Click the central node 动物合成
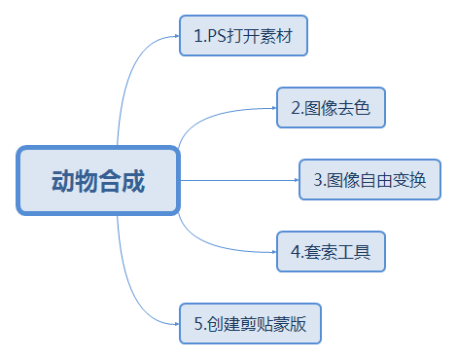tap(98, 180)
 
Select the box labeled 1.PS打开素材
tap(243, 37)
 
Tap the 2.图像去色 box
tap(331, 108)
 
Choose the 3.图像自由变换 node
tap(369, 180)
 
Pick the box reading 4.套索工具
tap(331, 252)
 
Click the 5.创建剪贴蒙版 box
tap(250, 324)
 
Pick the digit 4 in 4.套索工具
tap(295, 252)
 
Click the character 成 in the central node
tap(133, 181)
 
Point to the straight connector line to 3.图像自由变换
tap(238, 180)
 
